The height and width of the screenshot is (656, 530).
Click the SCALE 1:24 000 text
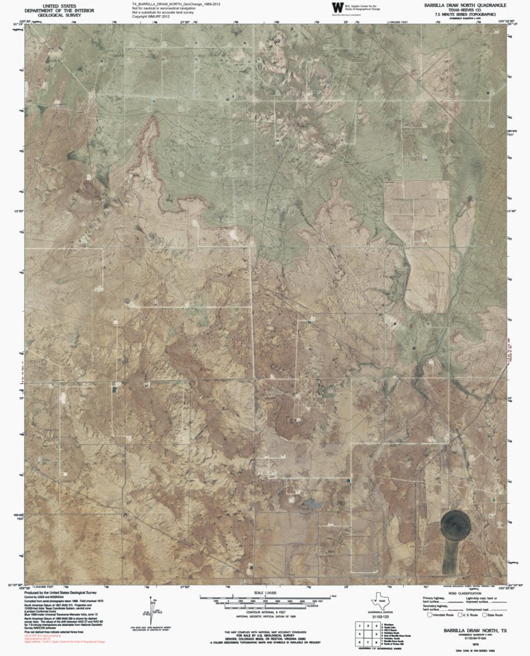tap(268, 592)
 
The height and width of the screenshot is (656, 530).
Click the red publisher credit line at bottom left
tap(65, 642)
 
